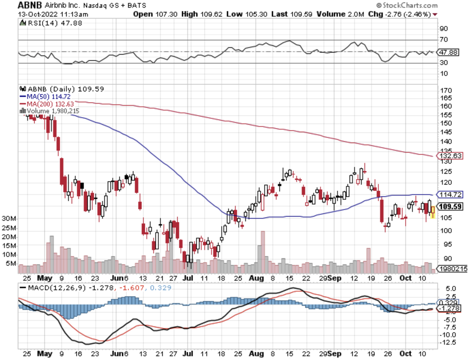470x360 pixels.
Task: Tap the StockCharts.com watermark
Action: (x=407, y=5)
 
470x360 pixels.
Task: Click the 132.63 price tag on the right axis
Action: (x=450, y=156)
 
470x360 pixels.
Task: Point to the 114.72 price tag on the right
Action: (x=450, y=194)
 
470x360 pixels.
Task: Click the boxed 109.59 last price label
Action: (x=450, y=206)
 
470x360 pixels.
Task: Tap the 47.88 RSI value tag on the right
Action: (x=448, y=52)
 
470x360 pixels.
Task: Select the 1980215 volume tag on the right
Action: (x=453, y=268)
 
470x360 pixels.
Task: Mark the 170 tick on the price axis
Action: (x=446, y=90)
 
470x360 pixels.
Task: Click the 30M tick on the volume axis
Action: (x=9, y=218)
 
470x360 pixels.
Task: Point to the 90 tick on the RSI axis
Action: (x=444, y=29)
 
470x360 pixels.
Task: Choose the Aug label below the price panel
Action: (x=256, y=278)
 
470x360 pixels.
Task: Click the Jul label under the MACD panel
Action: (x=188, y=353)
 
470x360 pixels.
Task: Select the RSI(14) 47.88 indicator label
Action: (x=55, y=23)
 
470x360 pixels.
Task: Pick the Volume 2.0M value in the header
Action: (x=340, y=14)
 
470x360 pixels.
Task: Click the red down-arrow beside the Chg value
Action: (x=435, y=14)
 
